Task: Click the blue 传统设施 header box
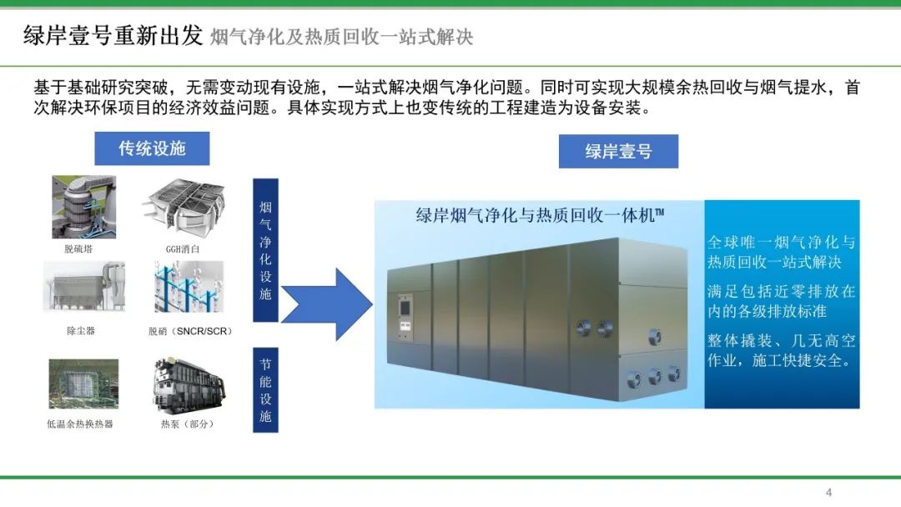click(x=151, y=148)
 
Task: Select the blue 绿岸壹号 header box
click(x=618, y=151)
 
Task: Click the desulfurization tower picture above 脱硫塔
click(x=83, y=207)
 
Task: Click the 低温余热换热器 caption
click(x=80, y=424)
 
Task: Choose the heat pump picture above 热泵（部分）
click(x=188, y=384)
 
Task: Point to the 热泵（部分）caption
click(x=188, y=424)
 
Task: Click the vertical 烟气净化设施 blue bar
click(x=265, y=249)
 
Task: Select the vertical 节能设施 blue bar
click(x=265, y=390)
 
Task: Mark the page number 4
click(x=828, y=491)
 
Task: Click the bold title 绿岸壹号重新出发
click(x=113, y=36)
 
